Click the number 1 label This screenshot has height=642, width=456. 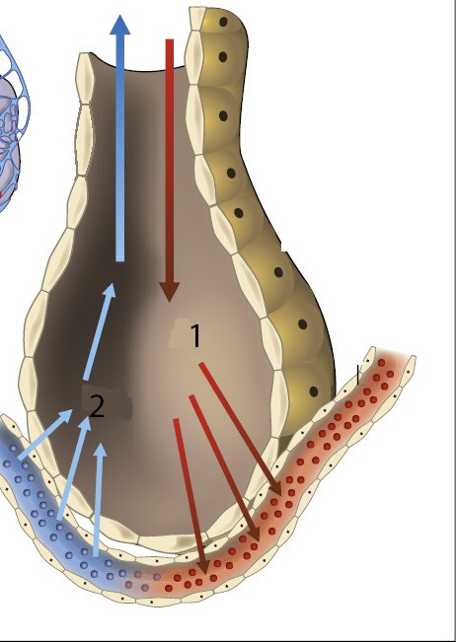(x=196, y=335)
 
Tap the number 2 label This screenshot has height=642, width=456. (x=97, y=406)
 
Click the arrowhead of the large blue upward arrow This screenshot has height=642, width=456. (x=120, y=25)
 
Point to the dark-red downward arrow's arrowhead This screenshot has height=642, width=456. (x=169, y=292)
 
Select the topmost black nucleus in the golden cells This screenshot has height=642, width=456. (x=223, y=22)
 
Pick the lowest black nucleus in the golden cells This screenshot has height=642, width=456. (x=314, y=392)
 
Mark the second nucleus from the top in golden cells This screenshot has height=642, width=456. (x=223, y=57)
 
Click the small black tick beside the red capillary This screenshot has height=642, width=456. (x=358, y=375)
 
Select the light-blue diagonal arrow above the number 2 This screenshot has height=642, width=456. (x=100, y=330)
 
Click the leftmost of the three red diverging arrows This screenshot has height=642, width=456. (x=190, y=496)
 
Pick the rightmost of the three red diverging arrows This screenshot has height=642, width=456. (x=241, y=430)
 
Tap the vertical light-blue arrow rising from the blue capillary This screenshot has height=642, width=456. (x=99, y=500)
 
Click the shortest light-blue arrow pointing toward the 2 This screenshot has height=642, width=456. (x=45, y=434)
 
